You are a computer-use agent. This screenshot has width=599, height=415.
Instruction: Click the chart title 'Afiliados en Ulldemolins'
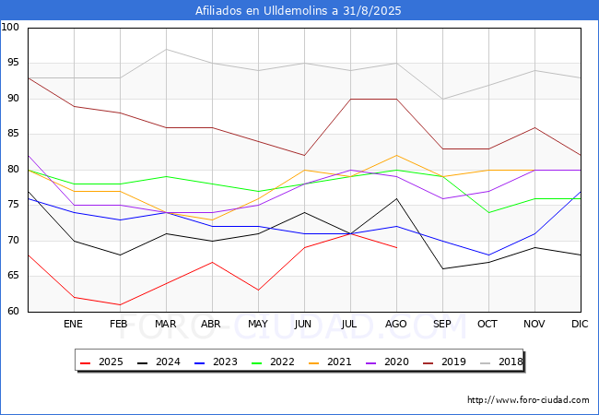299,11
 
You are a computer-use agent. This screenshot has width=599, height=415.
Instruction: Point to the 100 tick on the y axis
11,28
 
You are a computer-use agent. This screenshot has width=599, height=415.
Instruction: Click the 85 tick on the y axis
11,135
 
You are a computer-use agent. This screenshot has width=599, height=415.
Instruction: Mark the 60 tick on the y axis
11,312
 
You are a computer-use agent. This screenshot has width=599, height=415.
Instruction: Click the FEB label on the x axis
119,325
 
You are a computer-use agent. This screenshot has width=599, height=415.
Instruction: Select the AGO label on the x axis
396,325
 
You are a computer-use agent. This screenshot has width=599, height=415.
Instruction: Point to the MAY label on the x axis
258,325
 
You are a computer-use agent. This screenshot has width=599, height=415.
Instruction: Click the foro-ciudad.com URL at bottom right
528,400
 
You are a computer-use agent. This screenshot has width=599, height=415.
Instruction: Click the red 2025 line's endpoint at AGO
396,248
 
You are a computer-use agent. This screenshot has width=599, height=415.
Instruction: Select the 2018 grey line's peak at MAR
165,49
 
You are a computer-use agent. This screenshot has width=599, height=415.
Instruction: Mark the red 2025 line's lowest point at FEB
119,304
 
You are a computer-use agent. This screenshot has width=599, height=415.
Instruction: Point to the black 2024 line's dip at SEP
442,269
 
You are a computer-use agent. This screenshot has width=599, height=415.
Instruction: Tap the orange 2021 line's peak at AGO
396,155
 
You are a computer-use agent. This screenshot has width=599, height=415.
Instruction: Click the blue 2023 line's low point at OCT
488,255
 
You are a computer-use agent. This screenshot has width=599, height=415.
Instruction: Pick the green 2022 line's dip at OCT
488,212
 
